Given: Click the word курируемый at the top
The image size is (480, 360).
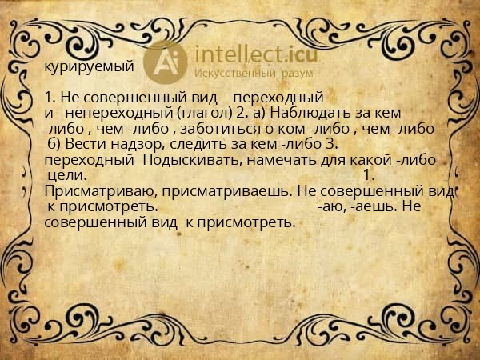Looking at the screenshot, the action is (x=89, y=67).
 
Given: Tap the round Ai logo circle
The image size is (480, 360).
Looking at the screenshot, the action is (x=166, y=62).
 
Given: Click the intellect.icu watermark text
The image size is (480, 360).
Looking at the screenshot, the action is (x=256, y=54).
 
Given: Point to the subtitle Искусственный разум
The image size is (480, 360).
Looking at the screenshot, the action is (x=254, y=74).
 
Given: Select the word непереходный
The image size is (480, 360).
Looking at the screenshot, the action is (x=119, y=114).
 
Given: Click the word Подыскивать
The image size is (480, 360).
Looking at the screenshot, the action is (x=190, y=161).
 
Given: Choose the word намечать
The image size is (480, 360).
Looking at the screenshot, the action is (x=282, y=160).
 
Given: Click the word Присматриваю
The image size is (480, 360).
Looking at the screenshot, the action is (x=101, y=192).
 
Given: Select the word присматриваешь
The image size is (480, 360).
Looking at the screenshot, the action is (x=226, y=192).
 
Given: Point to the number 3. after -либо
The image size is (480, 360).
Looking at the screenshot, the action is (x=330, y=144).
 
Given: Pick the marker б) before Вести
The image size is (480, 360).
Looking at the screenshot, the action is (x=54, y=144).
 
